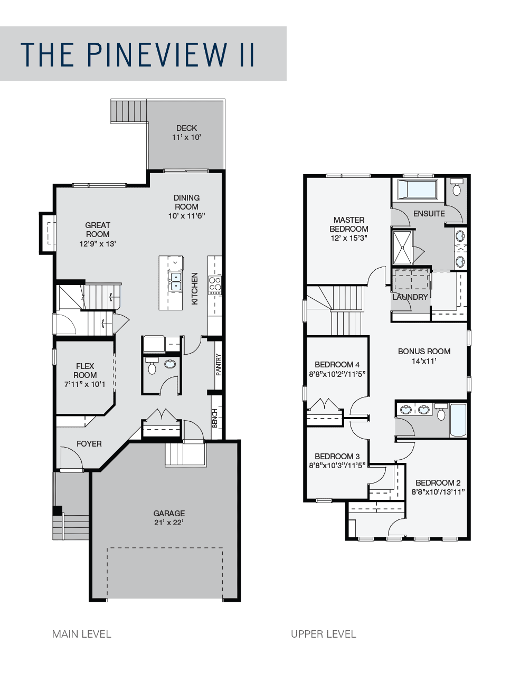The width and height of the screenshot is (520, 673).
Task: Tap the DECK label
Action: click(x=186, y=128)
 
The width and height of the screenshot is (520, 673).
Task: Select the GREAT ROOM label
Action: click(x=98, y=230)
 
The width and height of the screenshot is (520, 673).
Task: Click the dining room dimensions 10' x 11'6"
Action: click(x=186, y=216)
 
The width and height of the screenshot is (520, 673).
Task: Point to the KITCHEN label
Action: click(x=195, y=288)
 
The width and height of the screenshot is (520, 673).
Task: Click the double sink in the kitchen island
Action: click(x=175, y=281)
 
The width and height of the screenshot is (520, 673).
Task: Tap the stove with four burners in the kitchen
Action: click(x=215, y=285)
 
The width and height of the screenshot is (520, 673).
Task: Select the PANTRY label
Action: click(x=219, y=364)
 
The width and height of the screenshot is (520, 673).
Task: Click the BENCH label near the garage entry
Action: click(x=215, y=418)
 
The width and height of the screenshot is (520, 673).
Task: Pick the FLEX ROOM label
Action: click(x=85, y=370)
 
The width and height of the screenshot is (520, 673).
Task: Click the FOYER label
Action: click(x=89, y=444)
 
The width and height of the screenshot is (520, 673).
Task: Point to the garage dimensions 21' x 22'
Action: click(x=169, y=523)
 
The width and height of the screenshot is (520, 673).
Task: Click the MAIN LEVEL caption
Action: click(x=82, y=634)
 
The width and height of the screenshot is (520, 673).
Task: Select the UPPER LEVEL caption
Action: click(x=323, y=634)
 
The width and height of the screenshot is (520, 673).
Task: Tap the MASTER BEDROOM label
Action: click(x=348, y=224)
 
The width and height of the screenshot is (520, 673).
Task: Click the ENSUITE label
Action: click(x=429, y=214)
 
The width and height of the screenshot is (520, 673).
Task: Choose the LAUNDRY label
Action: click(x=410, y=297)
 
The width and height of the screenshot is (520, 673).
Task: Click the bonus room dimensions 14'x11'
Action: click(x=424, y=361)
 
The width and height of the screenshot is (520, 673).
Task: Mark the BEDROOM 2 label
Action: click(x=438, y=482)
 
